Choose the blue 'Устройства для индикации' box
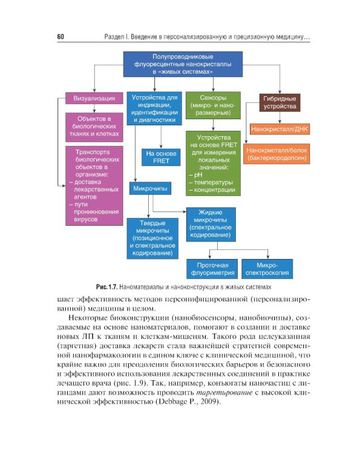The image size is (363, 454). click(154, 108)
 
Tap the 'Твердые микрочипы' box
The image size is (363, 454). click(152, 239)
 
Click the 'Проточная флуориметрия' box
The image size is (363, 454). click(212, 269)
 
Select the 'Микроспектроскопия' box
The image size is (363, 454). click(267, 269)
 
